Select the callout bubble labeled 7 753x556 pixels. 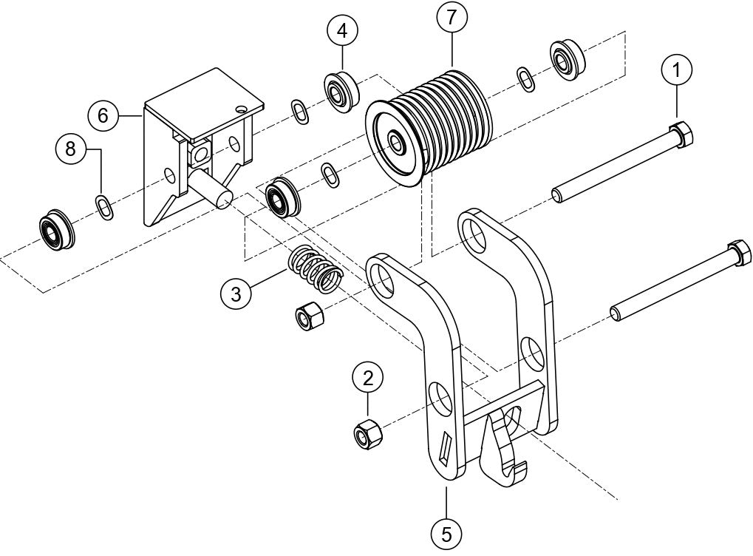[451, 18]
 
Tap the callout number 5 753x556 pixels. [447, 531]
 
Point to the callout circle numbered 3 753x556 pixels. [235, 294]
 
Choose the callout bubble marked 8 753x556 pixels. [71, 149]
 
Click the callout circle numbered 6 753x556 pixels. [103, 115]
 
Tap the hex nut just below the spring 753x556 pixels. [306, 316]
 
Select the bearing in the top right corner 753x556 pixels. [568, 57]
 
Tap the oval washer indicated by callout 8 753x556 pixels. [106, 206]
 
